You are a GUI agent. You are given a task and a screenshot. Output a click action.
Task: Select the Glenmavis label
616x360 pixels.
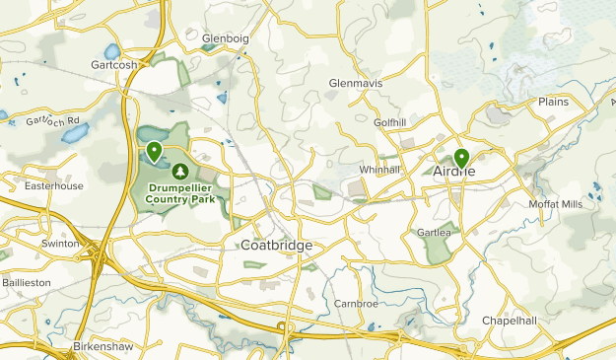(x=354, y=83)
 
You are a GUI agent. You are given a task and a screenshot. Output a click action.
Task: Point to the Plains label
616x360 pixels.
(x=554, y=102)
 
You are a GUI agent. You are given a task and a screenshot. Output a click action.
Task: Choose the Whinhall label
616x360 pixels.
(x=379, y=170)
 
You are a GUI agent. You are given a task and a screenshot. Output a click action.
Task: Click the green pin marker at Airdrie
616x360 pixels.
(x=461, y=158)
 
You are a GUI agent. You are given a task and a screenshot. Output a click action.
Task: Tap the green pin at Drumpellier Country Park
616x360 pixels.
(x=155, y=152)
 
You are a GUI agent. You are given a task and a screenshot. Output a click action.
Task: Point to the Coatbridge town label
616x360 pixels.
(x=276, y=246)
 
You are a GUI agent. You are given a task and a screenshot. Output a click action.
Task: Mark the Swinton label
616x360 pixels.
(x=59, y=243)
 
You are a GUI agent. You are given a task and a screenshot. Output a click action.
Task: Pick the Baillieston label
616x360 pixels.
(x=26, y=282)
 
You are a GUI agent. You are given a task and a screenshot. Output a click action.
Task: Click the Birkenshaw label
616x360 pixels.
(x=102, y=347)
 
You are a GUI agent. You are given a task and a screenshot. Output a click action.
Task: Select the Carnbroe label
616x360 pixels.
(x=356, y=303)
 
